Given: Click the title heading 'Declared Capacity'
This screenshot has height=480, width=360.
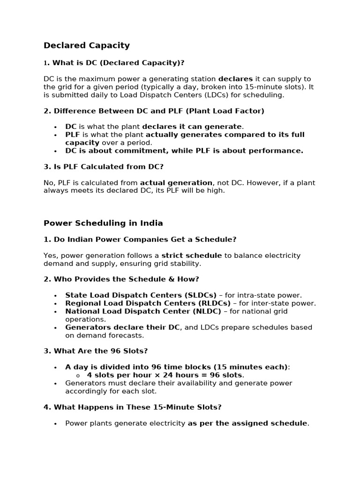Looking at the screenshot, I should tap(86, 45).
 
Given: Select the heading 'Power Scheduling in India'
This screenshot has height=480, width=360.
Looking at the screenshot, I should tap(103, 223).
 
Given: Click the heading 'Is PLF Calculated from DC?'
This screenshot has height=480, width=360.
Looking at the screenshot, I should tap(108, 166).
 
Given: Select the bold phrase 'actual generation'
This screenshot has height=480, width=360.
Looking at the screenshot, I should tap(176, 183).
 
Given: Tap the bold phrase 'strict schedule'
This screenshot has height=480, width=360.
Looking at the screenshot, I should tap(191, 255).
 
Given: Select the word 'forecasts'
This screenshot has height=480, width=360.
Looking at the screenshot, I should tap(127, 335).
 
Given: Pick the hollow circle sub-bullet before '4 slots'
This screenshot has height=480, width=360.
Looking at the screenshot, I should tap(78, 375).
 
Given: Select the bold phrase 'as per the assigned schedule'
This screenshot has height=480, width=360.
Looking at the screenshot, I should tap(247, 423).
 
